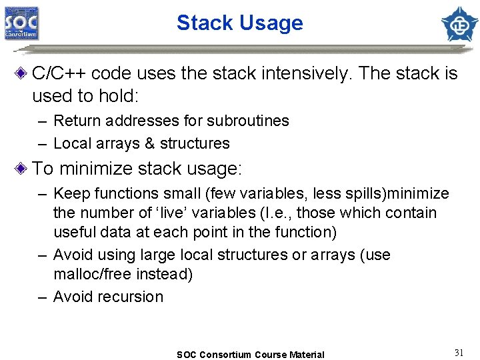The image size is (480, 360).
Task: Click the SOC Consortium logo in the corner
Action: pyautogui.click(x=21, y=23)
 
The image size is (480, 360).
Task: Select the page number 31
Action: pyautogui.click(x=459, y=353)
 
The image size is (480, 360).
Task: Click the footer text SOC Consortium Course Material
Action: pyautogui.click(x=250, y=355)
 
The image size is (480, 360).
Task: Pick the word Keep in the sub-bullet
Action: pyautogui.click(x=69, y=194)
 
